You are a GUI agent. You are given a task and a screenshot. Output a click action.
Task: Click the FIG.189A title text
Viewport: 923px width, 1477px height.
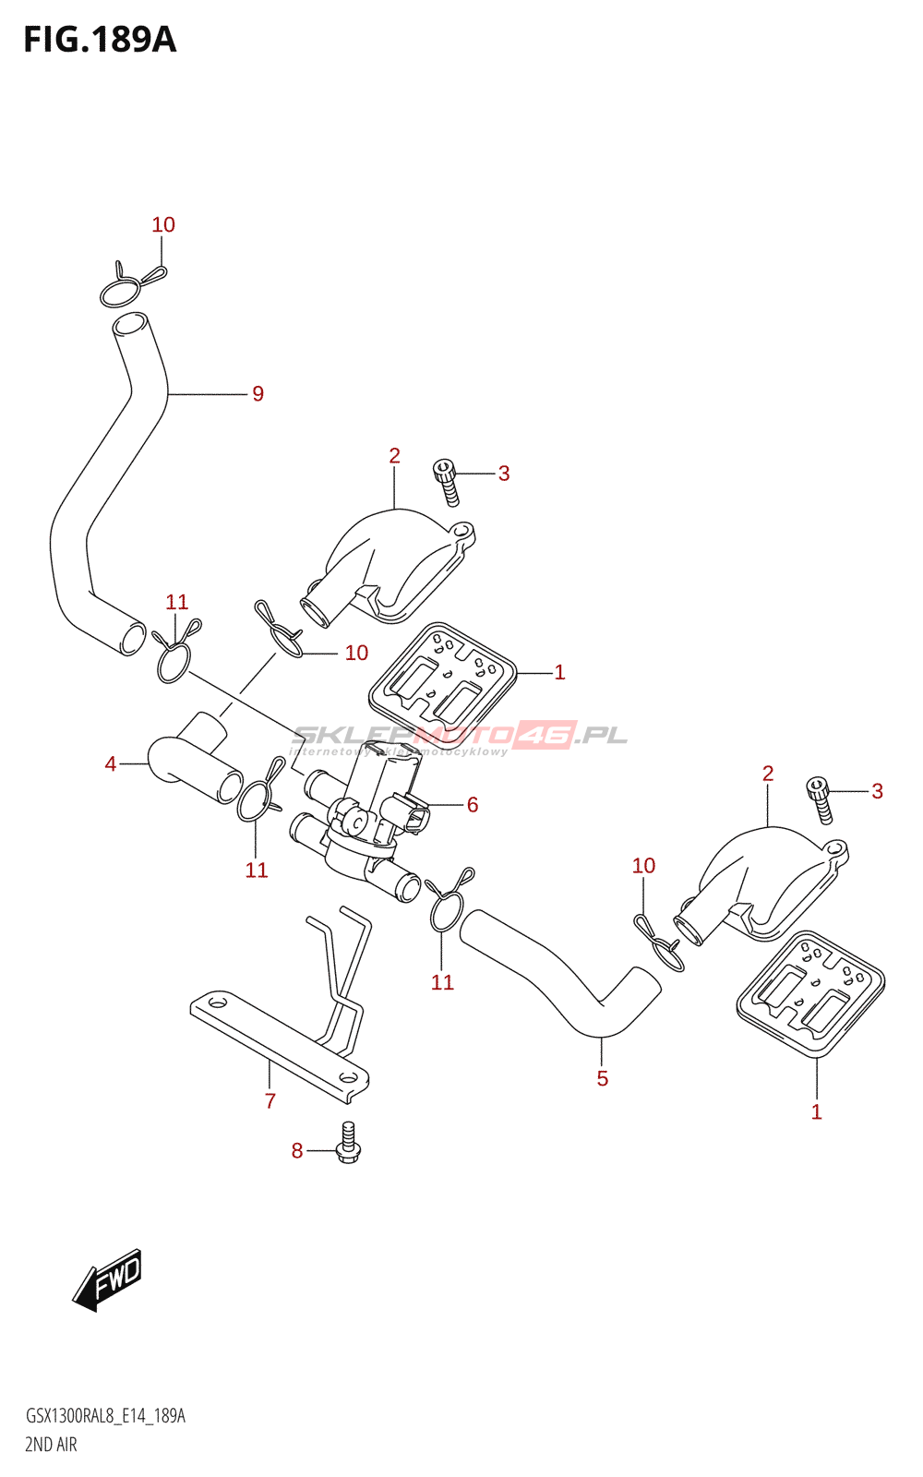click(100, 40)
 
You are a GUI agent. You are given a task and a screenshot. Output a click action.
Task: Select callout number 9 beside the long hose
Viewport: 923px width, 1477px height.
click(258, 394)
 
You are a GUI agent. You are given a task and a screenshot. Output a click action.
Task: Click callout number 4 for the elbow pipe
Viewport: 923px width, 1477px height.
click(111, 764)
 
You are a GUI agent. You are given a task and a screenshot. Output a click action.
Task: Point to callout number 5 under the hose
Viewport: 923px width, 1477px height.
click(603, 1078)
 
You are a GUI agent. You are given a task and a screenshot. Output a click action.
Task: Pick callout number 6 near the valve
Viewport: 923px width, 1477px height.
click(473, 805)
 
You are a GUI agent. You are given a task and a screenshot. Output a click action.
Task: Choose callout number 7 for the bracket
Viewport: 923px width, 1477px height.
click(270, 1100)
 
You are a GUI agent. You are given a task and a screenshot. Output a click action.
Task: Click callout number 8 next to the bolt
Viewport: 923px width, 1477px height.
click(297, 1150)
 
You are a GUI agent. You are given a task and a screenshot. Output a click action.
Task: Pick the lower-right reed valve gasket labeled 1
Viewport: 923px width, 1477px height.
click(810, 993)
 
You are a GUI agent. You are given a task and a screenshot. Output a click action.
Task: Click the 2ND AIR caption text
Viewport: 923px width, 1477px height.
click(51, 1445)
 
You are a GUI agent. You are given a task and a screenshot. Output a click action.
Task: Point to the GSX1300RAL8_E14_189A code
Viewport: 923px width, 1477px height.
click(105, 1416)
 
